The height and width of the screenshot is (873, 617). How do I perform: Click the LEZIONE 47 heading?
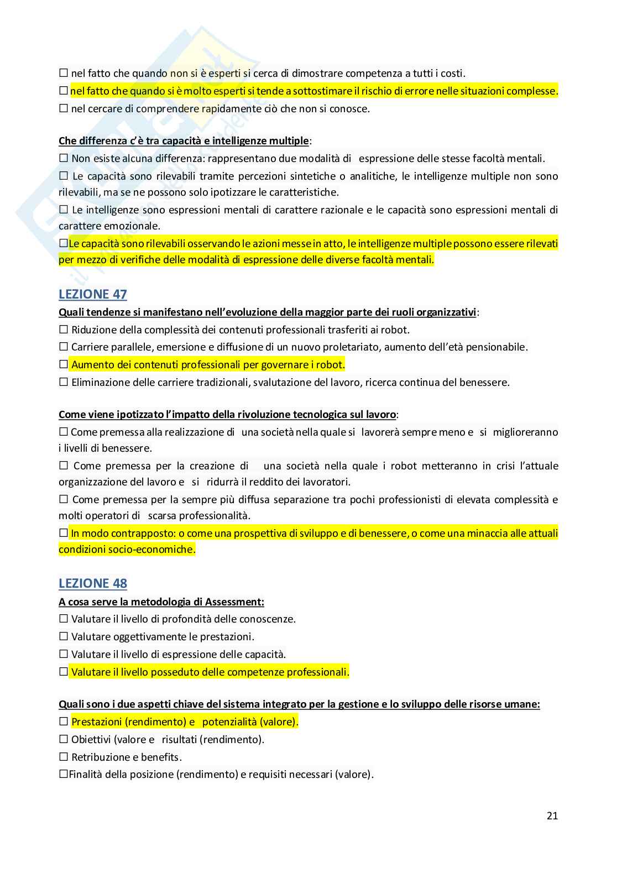[92, 294]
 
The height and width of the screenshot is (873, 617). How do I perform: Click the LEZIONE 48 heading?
[92, 583]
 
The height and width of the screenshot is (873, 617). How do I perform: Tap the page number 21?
[552, 816]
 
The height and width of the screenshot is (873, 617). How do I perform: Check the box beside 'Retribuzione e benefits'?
[63, 757]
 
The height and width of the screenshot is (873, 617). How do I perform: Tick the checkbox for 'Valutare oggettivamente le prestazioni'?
[63, 636]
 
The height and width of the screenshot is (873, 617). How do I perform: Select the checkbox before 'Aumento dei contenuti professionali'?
[63, 364]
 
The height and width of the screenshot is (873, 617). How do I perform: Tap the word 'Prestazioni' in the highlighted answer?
[97, 722]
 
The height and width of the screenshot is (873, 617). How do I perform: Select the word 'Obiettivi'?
[91, 739]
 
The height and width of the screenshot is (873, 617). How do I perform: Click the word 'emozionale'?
[132, 226]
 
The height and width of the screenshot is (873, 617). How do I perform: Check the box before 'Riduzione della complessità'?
[63, 330]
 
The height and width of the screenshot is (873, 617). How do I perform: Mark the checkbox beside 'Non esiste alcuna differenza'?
[63, 158]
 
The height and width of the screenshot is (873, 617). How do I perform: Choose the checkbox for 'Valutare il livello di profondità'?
[63, 619]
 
